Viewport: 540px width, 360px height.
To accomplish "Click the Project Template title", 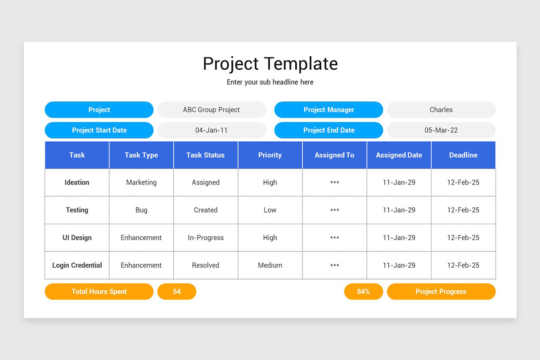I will click(270, 63).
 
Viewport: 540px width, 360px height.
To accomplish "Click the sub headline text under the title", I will click(270, 82).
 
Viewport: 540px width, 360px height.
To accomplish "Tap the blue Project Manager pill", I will click(328, 110).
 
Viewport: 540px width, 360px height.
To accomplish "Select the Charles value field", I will click(441, 110).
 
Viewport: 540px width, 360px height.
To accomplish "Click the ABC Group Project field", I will click(211, 110).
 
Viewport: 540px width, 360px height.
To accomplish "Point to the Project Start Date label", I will click(99, 130).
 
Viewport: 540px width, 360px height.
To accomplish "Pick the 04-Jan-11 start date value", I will click(211, 130).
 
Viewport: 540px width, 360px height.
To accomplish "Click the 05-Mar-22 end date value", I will click(441, 130).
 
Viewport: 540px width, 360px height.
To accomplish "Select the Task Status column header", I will click(206, 155).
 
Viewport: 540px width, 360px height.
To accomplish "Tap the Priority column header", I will click(270, 155).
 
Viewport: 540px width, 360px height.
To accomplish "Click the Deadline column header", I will click(463, 155).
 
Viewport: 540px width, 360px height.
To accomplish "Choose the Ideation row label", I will click(77, 182).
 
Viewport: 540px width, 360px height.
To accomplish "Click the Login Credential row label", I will click(77, 265).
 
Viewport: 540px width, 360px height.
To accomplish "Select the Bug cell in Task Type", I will click(141, 210).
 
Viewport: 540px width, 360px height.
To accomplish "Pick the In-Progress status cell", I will click(206, 238).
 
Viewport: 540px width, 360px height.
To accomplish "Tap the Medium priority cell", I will click(270, 265).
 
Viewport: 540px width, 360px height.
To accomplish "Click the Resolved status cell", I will click(206, 265).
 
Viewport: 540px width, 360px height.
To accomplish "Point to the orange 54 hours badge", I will click(177, 292).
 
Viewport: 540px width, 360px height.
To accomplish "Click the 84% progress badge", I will click(364, 292).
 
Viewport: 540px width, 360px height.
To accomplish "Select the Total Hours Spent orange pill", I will click(99, 292).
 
